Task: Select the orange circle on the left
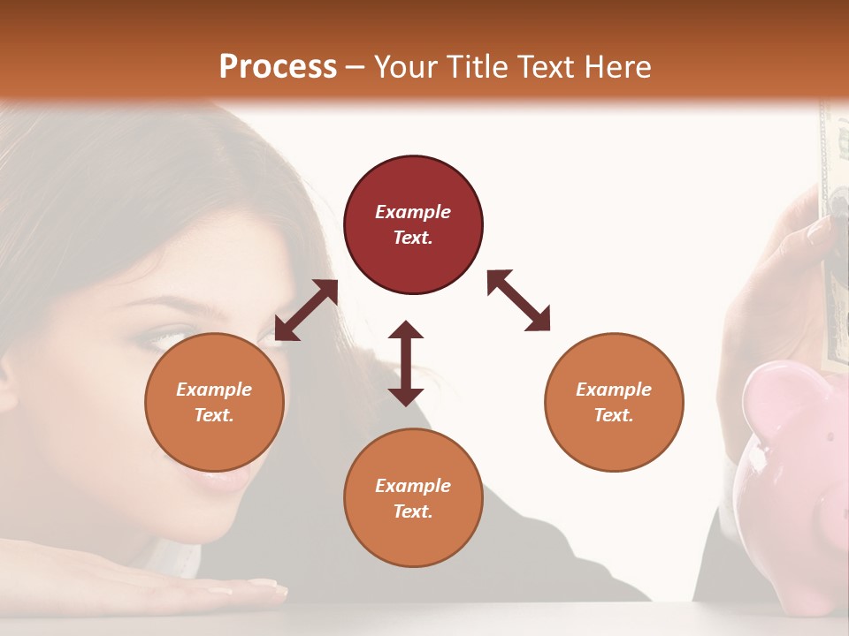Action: tap(214, 402)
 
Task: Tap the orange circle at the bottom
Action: tap(413, 497)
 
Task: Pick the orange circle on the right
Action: tap(614, 402)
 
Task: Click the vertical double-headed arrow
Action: tap(406, 363)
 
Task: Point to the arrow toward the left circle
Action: tap(306, 310)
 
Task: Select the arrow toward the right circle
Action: tap(518, 300)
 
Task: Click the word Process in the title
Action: tap(278, 66)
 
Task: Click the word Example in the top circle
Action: tap(413, 212)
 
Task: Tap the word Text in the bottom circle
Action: tap(413, 511)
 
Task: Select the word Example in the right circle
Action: tap(614, 390)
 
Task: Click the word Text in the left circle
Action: tap(214, 415)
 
